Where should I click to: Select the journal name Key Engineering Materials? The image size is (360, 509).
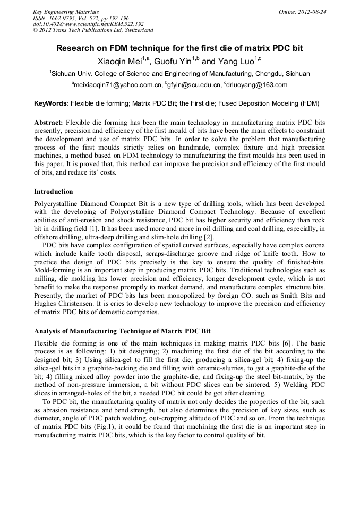66,12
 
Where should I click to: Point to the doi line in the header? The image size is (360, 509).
88,24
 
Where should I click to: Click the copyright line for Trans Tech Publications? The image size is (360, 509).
93,31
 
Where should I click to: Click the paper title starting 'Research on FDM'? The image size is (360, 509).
179,48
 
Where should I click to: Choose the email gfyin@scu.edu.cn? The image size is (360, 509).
193,85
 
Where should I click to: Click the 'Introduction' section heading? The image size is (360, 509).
54,192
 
